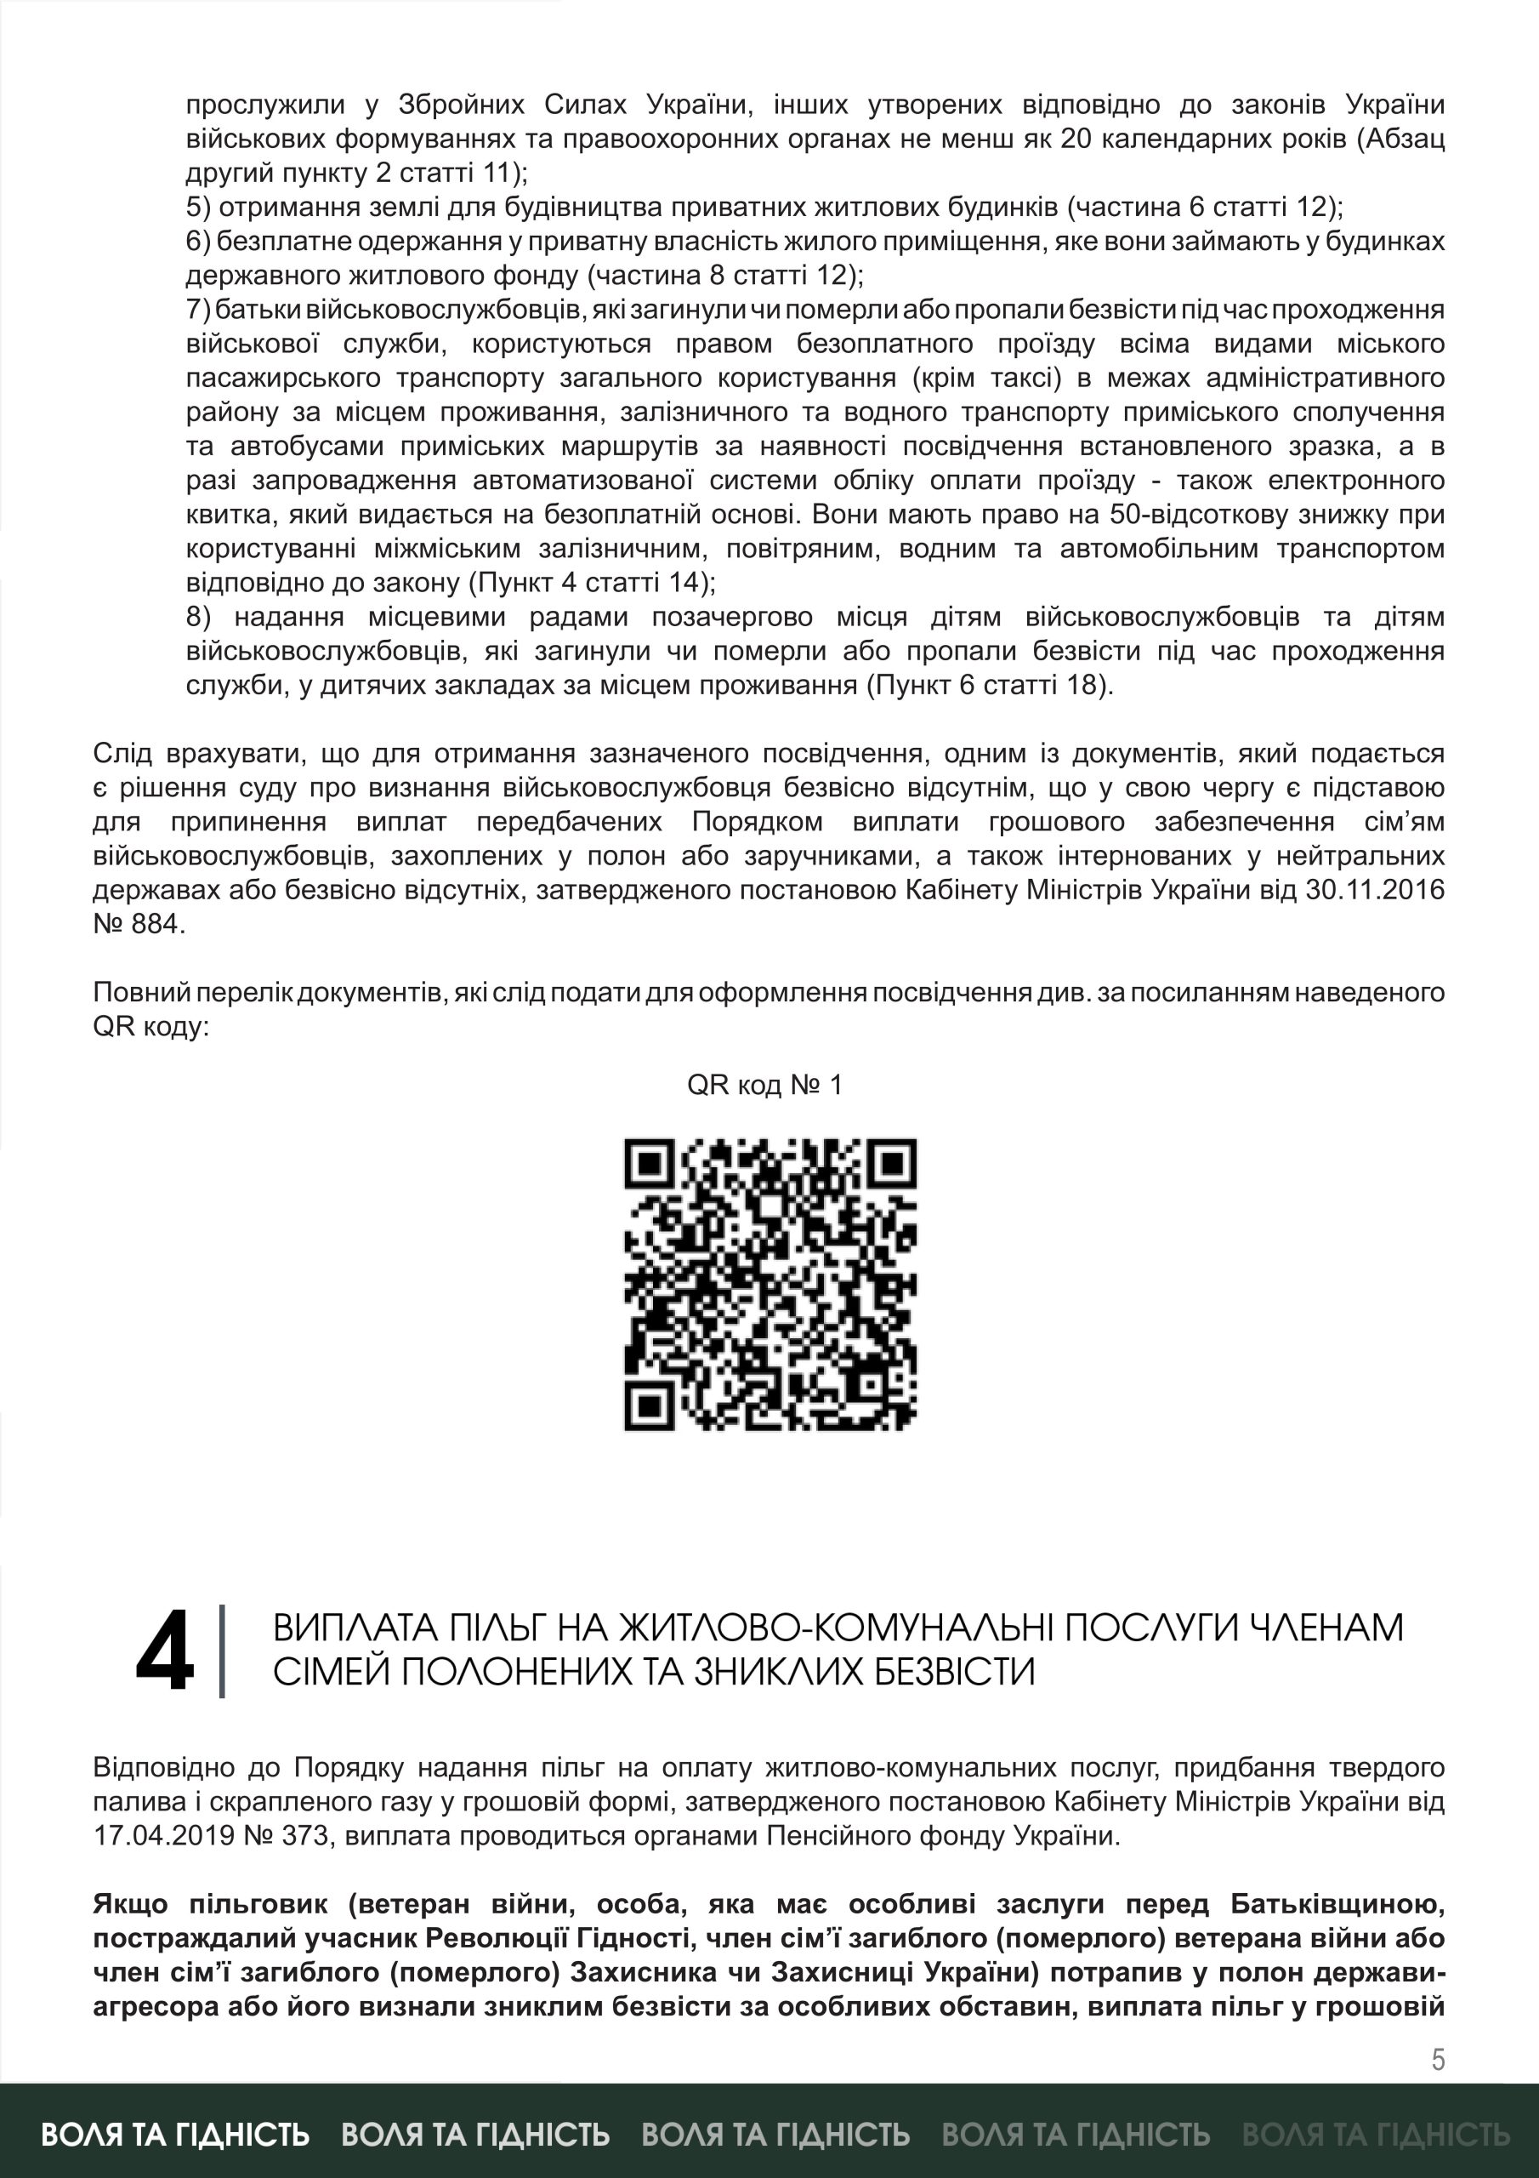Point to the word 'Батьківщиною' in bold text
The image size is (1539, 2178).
tap(1337, 1904)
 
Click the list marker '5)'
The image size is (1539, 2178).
tap(198, 207)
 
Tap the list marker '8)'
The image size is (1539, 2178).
tap(198, 617)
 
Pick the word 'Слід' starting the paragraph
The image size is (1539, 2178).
tap(122, 753)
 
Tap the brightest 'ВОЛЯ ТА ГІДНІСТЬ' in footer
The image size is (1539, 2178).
tap(175, 2135)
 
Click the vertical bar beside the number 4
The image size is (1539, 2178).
tap(222, 1651)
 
